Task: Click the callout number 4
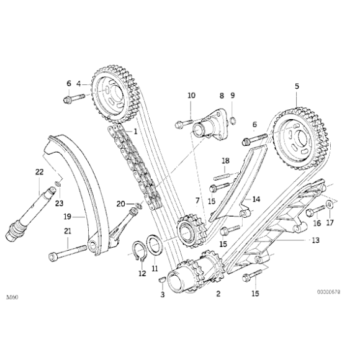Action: click(79, 83)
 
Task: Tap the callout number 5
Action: click(297, 87)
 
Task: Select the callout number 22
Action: click(39, 172)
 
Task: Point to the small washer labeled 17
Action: click(329, 205)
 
